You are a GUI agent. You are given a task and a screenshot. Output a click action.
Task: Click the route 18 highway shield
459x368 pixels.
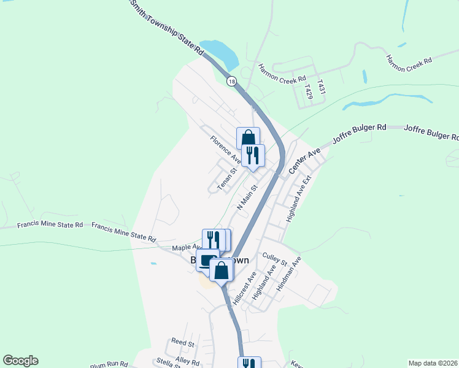point(231,81)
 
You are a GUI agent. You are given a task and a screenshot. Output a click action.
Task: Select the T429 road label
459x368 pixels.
point(309,92)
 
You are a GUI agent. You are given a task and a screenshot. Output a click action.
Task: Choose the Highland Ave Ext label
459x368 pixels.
point(298,199)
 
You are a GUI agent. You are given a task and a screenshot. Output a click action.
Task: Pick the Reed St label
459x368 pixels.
point(183,342)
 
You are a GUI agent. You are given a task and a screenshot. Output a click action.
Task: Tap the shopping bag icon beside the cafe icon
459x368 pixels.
point(221,269)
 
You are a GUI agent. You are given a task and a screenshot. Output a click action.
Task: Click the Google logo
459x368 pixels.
point(20,361)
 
